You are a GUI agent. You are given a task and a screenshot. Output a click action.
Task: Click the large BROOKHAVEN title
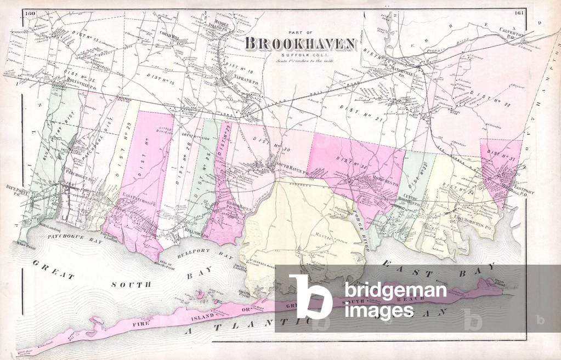click(300, 43)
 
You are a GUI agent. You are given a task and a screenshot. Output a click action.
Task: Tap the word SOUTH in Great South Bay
click(130, 284)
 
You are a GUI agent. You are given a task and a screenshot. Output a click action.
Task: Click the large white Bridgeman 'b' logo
click(311, 296)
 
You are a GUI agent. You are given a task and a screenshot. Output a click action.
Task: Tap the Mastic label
click(307, 236)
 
